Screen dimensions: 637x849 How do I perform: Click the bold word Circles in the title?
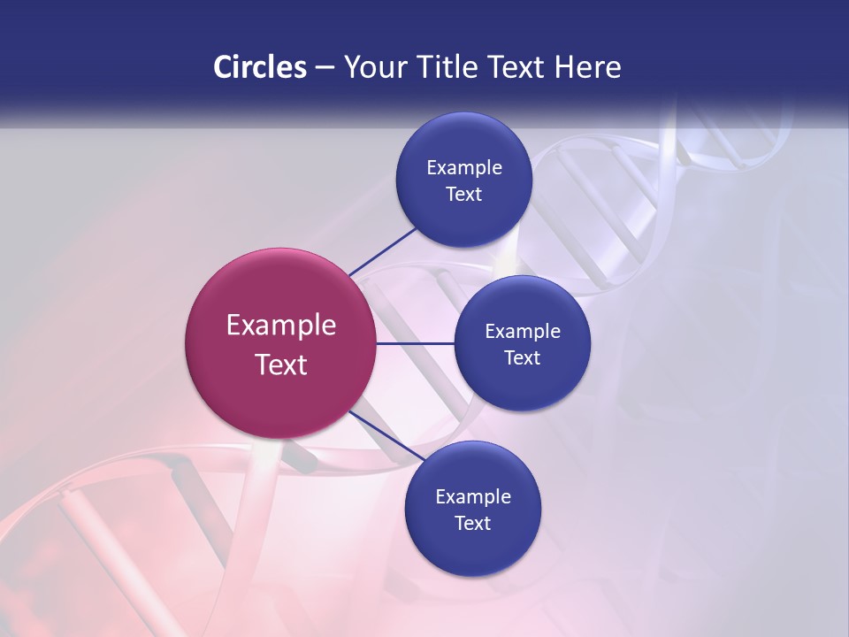pyautogui.click(x=260, y=67)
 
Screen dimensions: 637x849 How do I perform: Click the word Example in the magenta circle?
pyautogui.click(x=281, y=326)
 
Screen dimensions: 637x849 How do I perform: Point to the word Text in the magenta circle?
pyautogui.click(x=281, y=365)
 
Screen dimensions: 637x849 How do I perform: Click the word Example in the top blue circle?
pyautogui.click(x=464, y=167)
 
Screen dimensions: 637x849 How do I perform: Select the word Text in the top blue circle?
pyautogui.click(x=464, y=194)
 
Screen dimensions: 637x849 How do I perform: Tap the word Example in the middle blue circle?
pyautogui.click(x=523, y=331)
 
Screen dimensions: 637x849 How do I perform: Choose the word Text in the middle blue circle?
pyautogui.click(x=523, y=357)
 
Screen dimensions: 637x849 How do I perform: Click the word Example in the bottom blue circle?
pyautogui.click(x=473, y=496)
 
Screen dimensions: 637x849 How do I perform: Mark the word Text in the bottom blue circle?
pyautogui.click(x=473, y=523)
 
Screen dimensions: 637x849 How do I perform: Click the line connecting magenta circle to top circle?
pyautogui.click(x=382, y=251)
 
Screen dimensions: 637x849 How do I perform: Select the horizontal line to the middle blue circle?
pyautogui.click(x=415, y=343)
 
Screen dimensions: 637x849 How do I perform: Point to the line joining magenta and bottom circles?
pyautogui.click(x=386, y=437)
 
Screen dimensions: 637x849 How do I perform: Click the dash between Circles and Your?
pyautogui.click(x=325, y=68)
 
